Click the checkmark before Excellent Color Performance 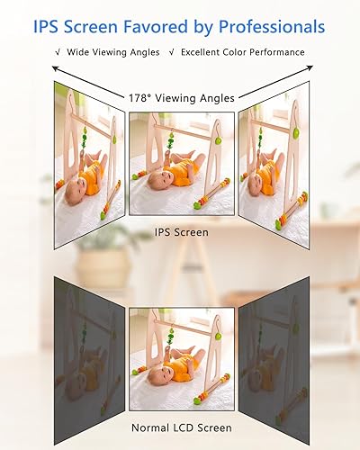click(x=173, y=52)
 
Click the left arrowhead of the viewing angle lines click(x=54, y=67)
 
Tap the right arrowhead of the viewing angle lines click(x=305, y=67)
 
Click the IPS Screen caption click(x=181, y=232)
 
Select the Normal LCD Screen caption click(x=181, y=427)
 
